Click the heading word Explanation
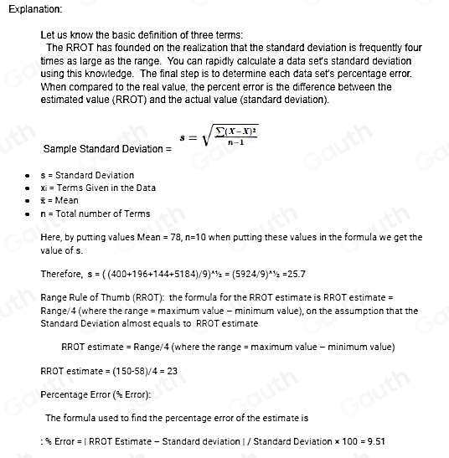pos(33,8)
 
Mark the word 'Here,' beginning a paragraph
pos(51,238)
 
